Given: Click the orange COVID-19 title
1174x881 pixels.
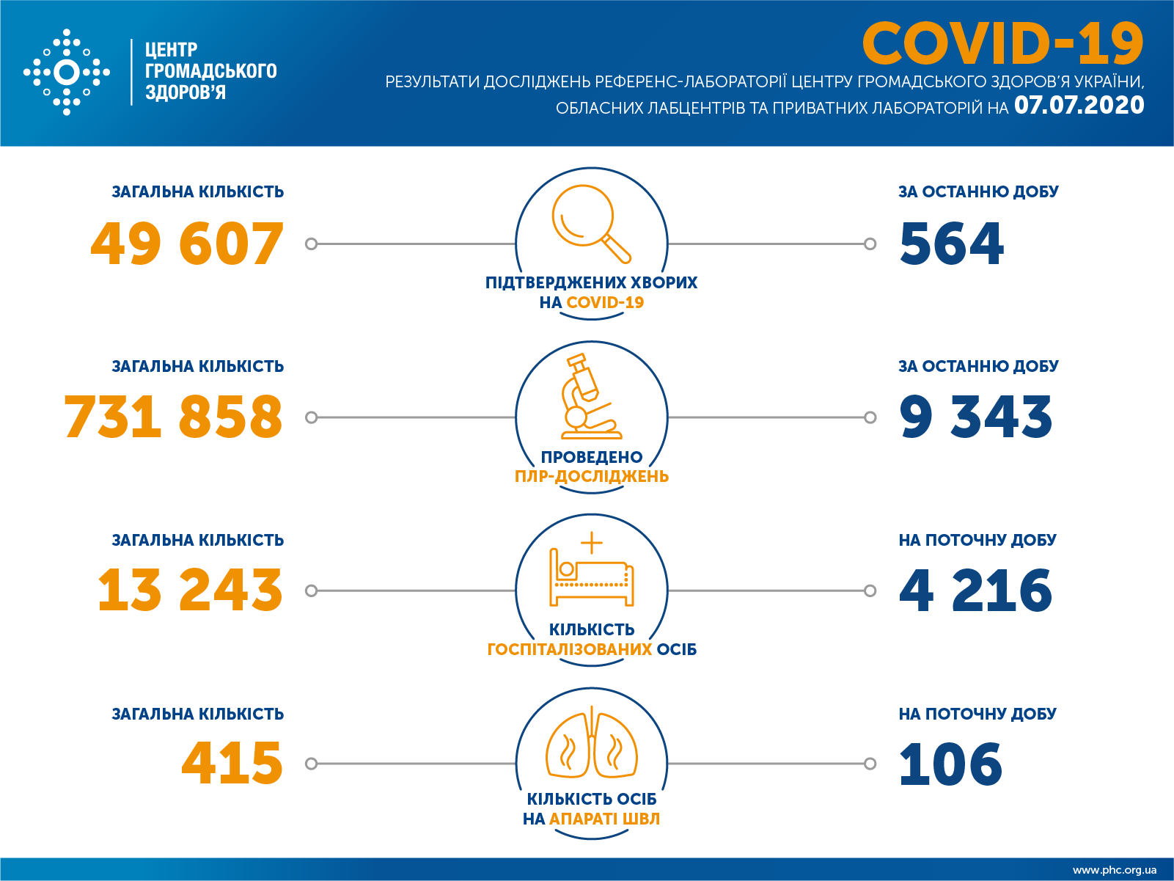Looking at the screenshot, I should click(x=1002, y=44).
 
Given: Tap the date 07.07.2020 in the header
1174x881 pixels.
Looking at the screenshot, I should click(x=1079, y=106).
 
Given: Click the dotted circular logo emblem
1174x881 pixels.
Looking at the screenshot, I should click(x=67, y=73).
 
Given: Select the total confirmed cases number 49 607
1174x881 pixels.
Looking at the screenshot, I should click(x=187, y=244).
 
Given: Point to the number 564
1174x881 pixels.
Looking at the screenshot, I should click(x=951, y=244).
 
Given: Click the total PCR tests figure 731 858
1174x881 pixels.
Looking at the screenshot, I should click(x=173, y=417).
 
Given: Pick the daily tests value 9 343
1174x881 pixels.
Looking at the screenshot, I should click(x=975, y=417).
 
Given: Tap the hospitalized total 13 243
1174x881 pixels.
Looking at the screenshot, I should click(x=190, y=591).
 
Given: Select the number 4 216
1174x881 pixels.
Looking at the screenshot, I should click(x=975, y=591).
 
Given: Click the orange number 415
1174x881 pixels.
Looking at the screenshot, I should click(x=232, y=764).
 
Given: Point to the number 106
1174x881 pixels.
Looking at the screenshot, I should click(x=950, y=764).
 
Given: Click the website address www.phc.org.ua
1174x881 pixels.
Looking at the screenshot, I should click(x=1114, y=870).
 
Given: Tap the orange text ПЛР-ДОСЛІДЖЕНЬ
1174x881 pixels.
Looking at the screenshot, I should click(x=591, y=477).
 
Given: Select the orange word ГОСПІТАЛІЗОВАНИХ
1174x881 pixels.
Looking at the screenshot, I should click(x=570, y=650).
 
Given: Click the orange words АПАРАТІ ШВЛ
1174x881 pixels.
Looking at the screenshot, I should click(x=604, y=819).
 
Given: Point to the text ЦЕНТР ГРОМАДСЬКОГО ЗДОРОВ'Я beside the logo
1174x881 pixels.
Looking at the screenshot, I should click(x=210, y=71).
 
